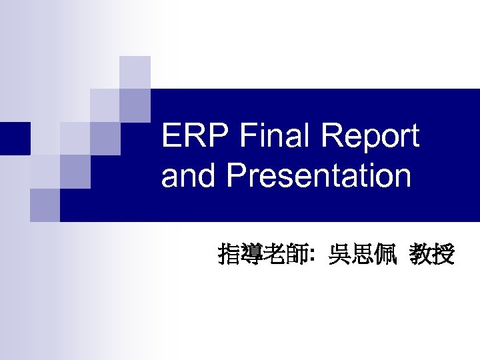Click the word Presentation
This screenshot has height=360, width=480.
[319, 177]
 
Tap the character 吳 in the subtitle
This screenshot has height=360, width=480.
[339, 254]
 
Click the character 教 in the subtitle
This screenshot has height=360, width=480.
[421, 254]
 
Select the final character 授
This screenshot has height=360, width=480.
[444, 254]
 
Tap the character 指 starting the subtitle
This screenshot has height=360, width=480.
[229, 254]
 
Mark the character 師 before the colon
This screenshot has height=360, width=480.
[296, 254]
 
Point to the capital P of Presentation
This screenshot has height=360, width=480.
[236, 177]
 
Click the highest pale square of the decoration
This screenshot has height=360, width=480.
[135, 72]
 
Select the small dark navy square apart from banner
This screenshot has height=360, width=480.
[15, 138]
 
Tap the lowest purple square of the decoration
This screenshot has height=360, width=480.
[45, 205]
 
